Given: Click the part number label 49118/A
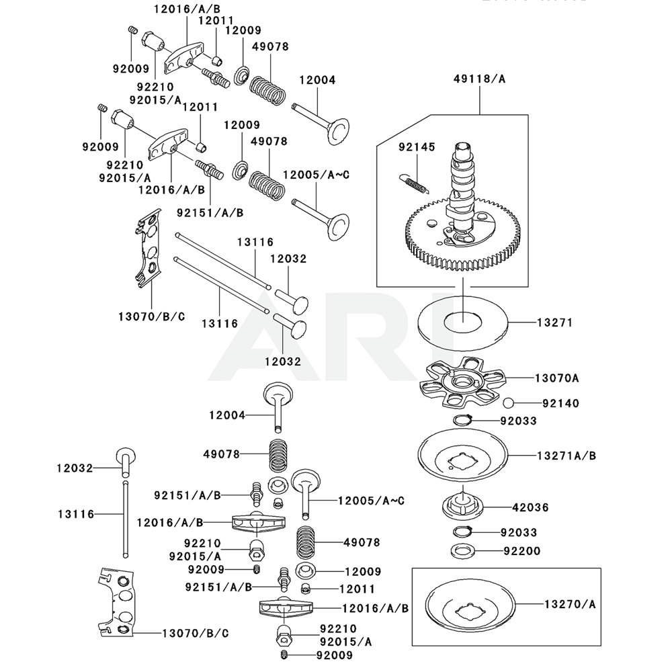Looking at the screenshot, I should tap(480, 79).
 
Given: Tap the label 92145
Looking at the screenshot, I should tap(417, 147).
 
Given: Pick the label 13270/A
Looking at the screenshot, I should tap(569, 603).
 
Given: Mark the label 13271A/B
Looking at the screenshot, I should tap(566, 456).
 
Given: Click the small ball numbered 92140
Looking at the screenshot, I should tap(509, 403).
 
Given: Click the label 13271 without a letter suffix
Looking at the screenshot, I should tap(554, 323).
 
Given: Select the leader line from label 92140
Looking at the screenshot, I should tap(528, 403).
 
